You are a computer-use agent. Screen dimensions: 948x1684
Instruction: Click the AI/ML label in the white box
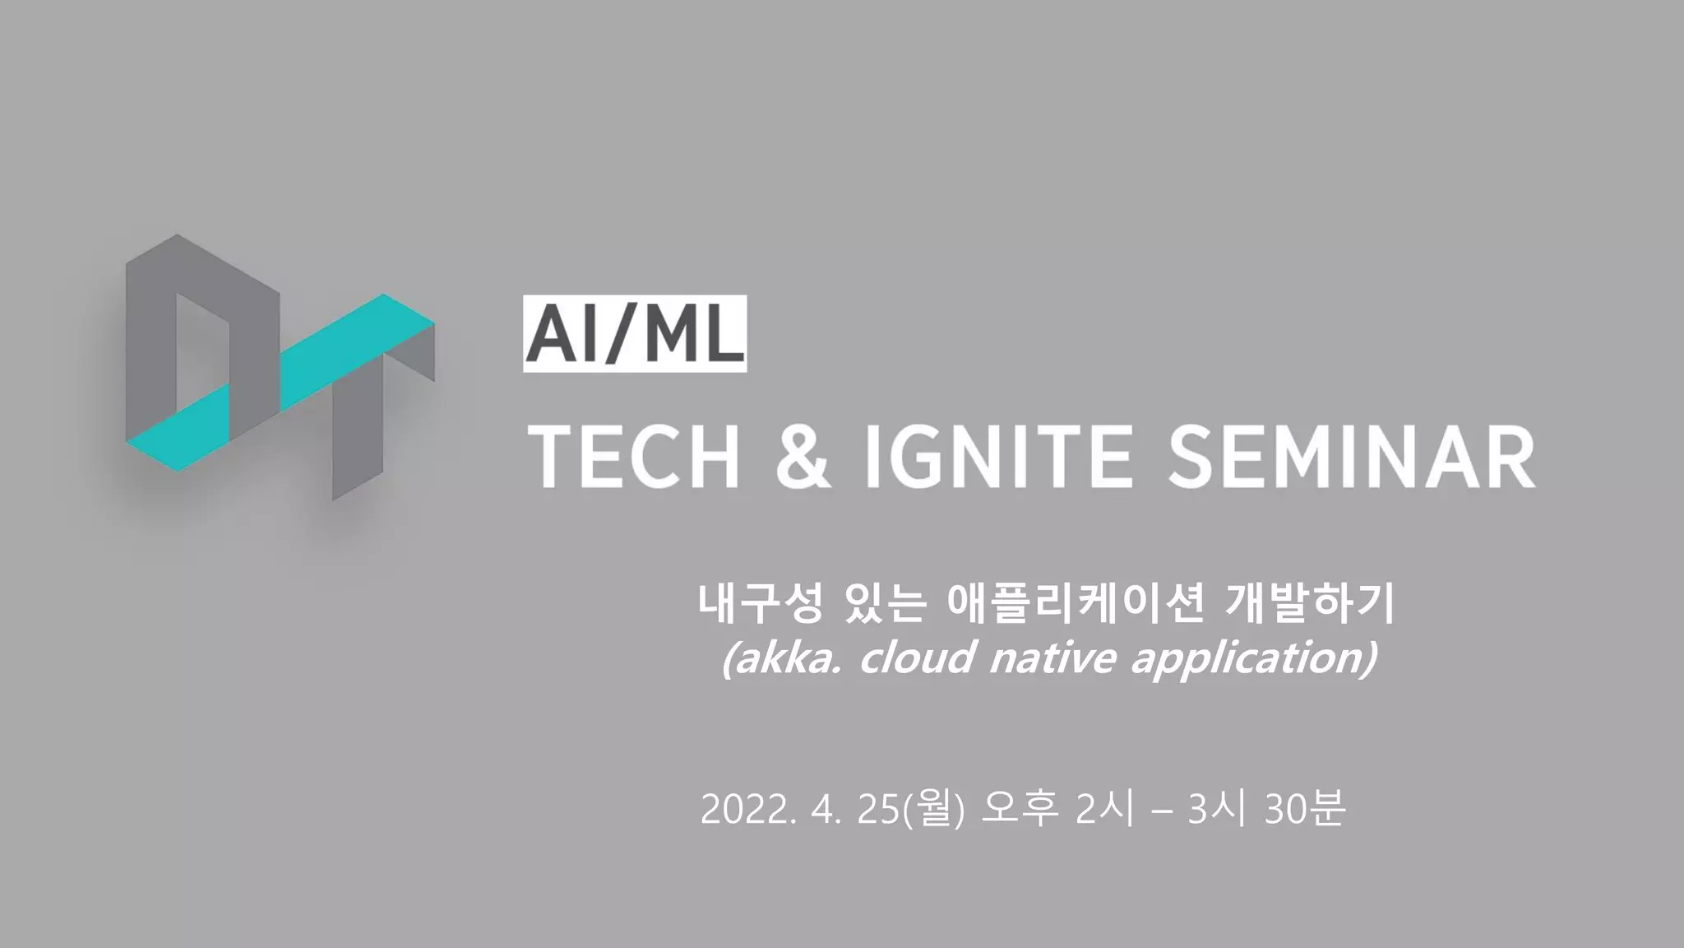click(x=635, y=334)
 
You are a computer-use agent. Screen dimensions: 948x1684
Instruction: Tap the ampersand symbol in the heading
click(x=802, y=458)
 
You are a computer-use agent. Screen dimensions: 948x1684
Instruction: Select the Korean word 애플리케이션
click(x=1076, y=604)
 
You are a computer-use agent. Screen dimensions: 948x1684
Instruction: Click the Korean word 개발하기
click(x=1311, y=604)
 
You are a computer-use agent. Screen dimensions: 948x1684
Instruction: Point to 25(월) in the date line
click(x=911, y=810)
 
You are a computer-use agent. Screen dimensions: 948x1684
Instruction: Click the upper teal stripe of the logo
click(x=358, y=350)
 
